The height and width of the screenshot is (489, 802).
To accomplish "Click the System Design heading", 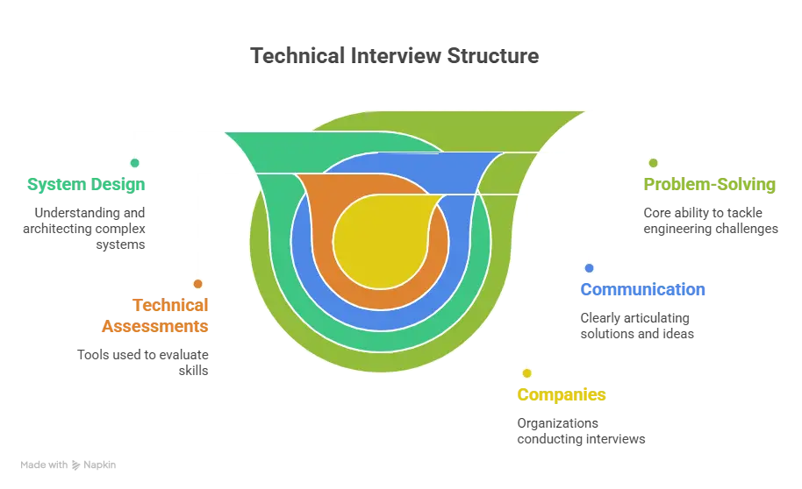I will pyautogui.click(x=85, y=185).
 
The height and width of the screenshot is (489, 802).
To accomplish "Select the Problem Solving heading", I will pyautogui.click(x=709, y=185).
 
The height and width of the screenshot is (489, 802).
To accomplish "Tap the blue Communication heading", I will pyautogui.click(x=643, y=289).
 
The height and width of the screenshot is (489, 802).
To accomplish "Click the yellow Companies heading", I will pyautogui.click(x=562, y=394).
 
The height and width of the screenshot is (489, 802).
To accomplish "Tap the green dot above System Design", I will pyautogui.click(x=134, y=163).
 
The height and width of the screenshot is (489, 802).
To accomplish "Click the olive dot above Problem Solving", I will pyautogui.click(x=652, y=163).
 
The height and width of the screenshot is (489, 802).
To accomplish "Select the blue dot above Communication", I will pyautogui.click(x=589, y=267).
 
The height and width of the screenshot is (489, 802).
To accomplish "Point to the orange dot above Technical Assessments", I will pyautogui.click(x=198, y=284).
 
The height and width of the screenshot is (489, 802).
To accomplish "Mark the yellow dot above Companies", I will pyautogui.click(x=526, y=372).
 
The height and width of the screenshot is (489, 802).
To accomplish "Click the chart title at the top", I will pyautogui.click(x=392, y=55).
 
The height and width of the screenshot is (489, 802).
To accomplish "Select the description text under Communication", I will pyautogui.click(x=635, y=325).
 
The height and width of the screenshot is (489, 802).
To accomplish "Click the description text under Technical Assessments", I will pyautogui.click(x=140, y=362).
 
